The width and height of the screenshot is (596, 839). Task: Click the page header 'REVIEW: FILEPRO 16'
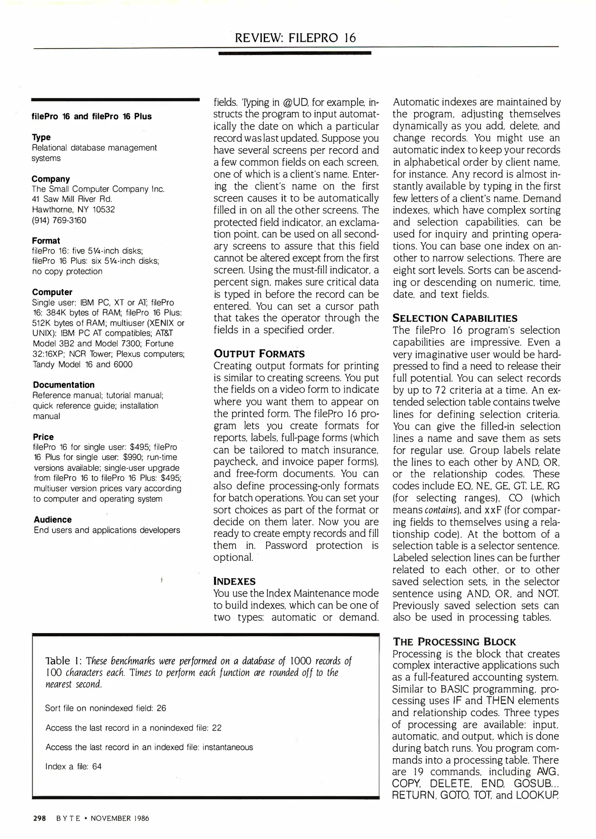coord(295,38)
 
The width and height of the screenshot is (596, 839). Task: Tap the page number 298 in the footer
coord(40,818)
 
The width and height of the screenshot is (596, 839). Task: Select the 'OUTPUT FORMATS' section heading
coord(259,353)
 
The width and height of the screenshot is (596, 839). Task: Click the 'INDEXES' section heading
coord(234,581)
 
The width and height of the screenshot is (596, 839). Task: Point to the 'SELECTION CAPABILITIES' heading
coord(455,318)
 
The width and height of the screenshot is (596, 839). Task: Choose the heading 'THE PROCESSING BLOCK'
coord(454,642)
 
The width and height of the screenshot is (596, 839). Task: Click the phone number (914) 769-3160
coord(59,220)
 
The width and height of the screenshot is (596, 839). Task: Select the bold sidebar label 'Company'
coord(51,179)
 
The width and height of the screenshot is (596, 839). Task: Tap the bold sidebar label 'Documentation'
coord(64,385)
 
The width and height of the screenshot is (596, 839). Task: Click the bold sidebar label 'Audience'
coord(52,520)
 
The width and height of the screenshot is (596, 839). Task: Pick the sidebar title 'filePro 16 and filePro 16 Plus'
coord(92,117)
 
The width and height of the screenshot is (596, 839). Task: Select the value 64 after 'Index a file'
coord(97,766)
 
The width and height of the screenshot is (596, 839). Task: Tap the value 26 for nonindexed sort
coord(161,708)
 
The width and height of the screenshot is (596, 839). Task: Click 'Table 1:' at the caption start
coord(63,661)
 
